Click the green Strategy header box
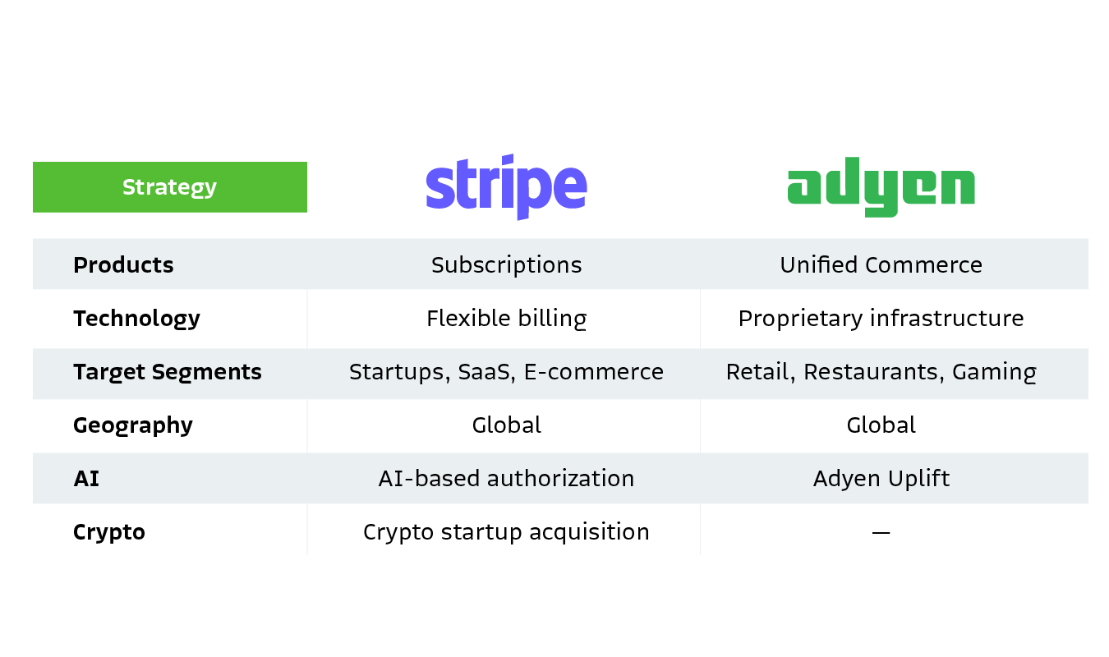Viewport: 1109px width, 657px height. coord(169,187)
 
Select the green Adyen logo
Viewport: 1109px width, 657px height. coord(881,191)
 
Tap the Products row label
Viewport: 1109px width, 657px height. coord(123,265)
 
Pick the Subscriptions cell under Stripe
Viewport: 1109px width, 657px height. coord(506,265)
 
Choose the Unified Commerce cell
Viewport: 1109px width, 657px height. coord(881,265)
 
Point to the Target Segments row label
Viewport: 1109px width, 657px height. coord(168,372)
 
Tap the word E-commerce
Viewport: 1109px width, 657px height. coord(594,372)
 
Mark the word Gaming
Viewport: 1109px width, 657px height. coord(994,373)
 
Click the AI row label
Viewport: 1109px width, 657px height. coord(86,479)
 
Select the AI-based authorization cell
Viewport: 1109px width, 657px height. coord(506,479)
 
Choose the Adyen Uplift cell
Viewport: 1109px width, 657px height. coord(881,479)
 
